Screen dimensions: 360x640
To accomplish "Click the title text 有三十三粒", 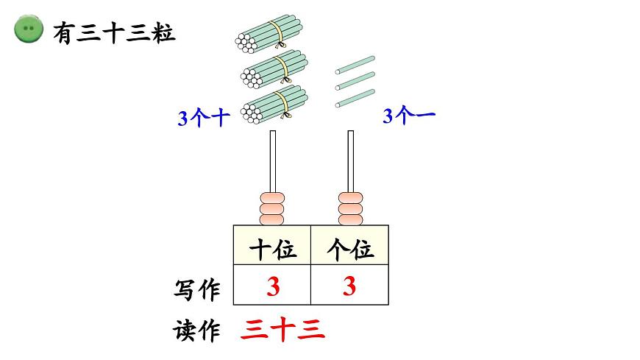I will point(115,32).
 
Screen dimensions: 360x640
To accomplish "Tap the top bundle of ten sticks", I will point(271,35).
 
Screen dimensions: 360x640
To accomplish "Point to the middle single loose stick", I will point(355,80).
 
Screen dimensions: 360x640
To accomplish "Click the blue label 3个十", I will point(204,118).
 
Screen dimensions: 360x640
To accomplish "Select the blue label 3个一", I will point(409,116).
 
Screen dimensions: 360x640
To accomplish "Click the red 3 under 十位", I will point(273,286).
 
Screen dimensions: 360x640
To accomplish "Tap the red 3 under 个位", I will point(349,286).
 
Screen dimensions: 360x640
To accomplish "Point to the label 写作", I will point(197,289).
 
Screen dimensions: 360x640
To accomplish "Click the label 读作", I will point(197,331).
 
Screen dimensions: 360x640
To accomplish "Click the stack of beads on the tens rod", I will point(272,209).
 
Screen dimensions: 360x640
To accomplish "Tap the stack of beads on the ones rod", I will point(350,209).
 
